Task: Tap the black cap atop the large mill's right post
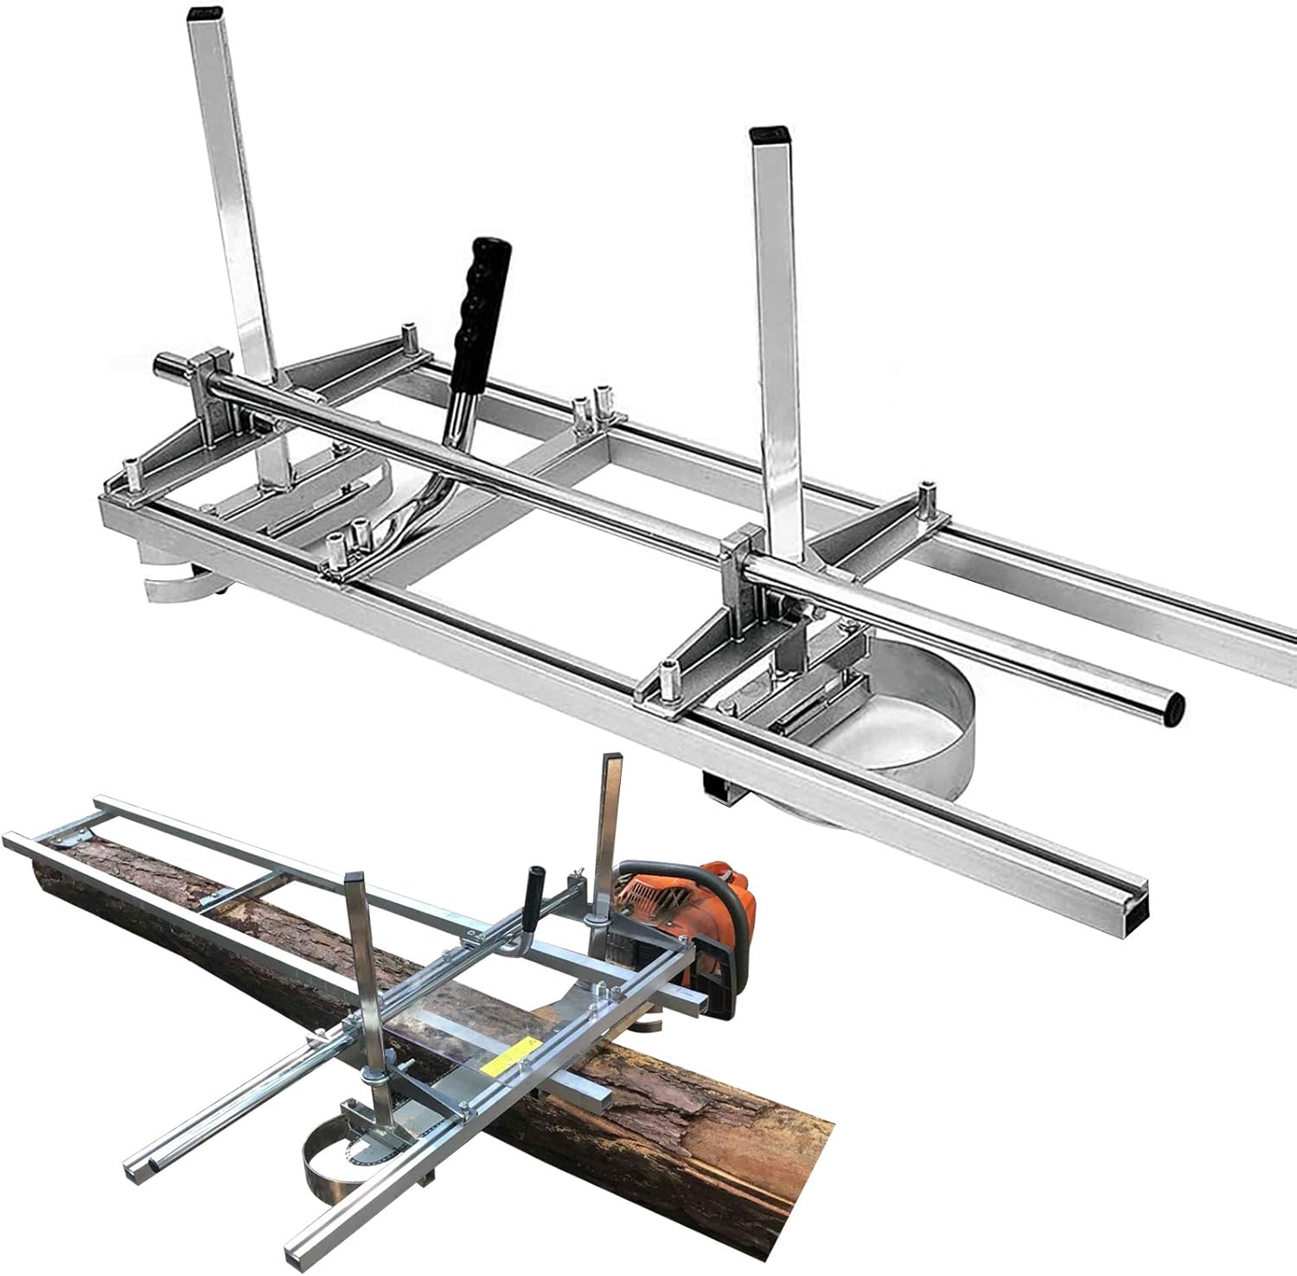[x=767, y=135]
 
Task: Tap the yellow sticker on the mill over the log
[x=508, y=1056]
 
